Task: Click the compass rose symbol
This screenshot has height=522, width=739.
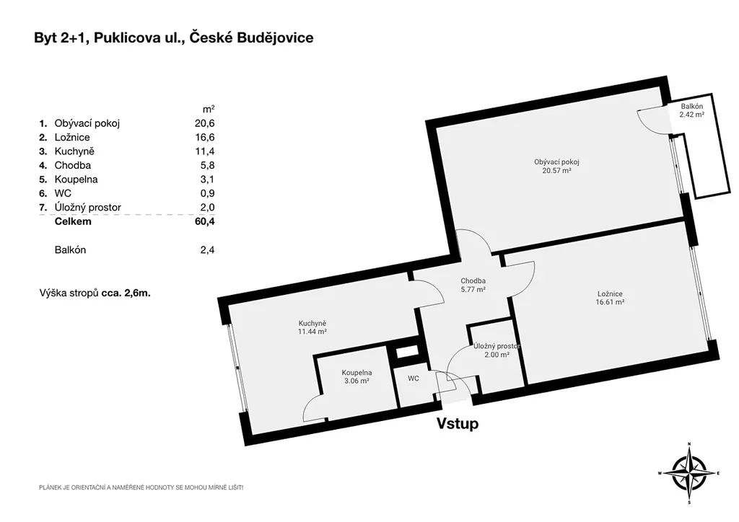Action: [x=688, y=473]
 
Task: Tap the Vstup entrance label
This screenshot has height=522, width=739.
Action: [x=457, y=423]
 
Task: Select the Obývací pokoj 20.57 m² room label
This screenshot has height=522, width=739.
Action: [x=556, y=166]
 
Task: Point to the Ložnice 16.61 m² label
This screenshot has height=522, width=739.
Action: [x=610, y=298]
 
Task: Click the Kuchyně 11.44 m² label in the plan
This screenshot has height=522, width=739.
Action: [x=312, y=327]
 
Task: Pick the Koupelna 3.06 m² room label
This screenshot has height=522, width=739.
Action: [x=357, y=376]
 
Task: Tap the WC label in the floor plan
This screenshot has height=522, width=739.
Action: [x=414, y=378]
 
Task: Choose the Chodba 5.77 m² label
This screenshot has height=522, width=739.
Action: [x=473, y=286]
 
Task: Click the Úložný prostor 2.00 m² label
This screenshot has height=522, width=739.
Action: [x=497, y=350]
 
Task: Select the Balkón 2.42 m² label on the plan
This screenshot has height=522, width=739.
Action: [x=692, y=110]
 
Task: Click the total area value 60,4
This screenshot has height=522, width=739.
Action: [x=204, y=221]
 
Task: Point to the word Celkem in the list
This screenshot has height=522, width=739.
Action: [x=73, y=221]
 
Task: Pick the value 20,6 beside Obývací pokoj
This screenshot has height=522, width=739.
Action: [x=204, y=123]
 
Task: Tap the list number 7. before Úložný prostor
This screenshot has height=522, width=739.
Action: [x=43, y=207]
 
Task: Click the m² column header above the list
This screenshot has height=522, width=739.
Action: [x=209, y=109]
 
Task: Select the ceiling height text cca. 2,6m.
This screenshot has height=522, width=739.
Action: [x=126, y=293]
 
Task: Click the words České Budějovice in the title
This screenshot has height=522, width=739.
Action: [x=251, y=37]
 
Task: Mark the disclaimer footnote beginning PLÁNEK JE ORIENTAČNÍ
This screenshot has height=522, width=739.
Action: [x=141, y=487]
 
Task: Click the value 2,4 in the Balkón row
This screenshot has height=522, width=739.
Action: [x=207, y=249]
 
